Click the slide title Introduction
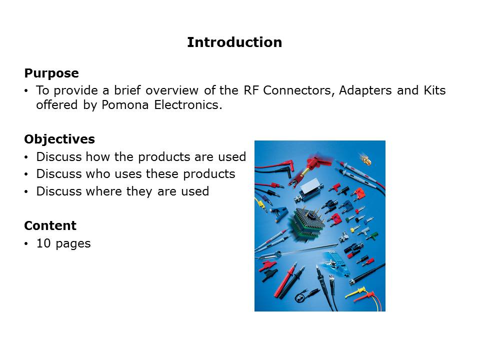point(234,42)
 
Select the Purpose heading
point(51,73)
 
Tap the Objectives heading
point(59,139)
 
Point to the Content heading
point(50,225)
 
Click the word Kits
point(434,90)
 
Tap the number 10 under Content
point(43,243)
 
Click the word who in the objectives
point(97,174)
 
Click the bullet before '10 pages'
point(26,244)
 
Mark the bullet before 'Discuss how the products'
point(26,157)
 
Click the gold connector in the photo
point(365,158)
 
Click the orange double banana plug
point(358,193)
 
